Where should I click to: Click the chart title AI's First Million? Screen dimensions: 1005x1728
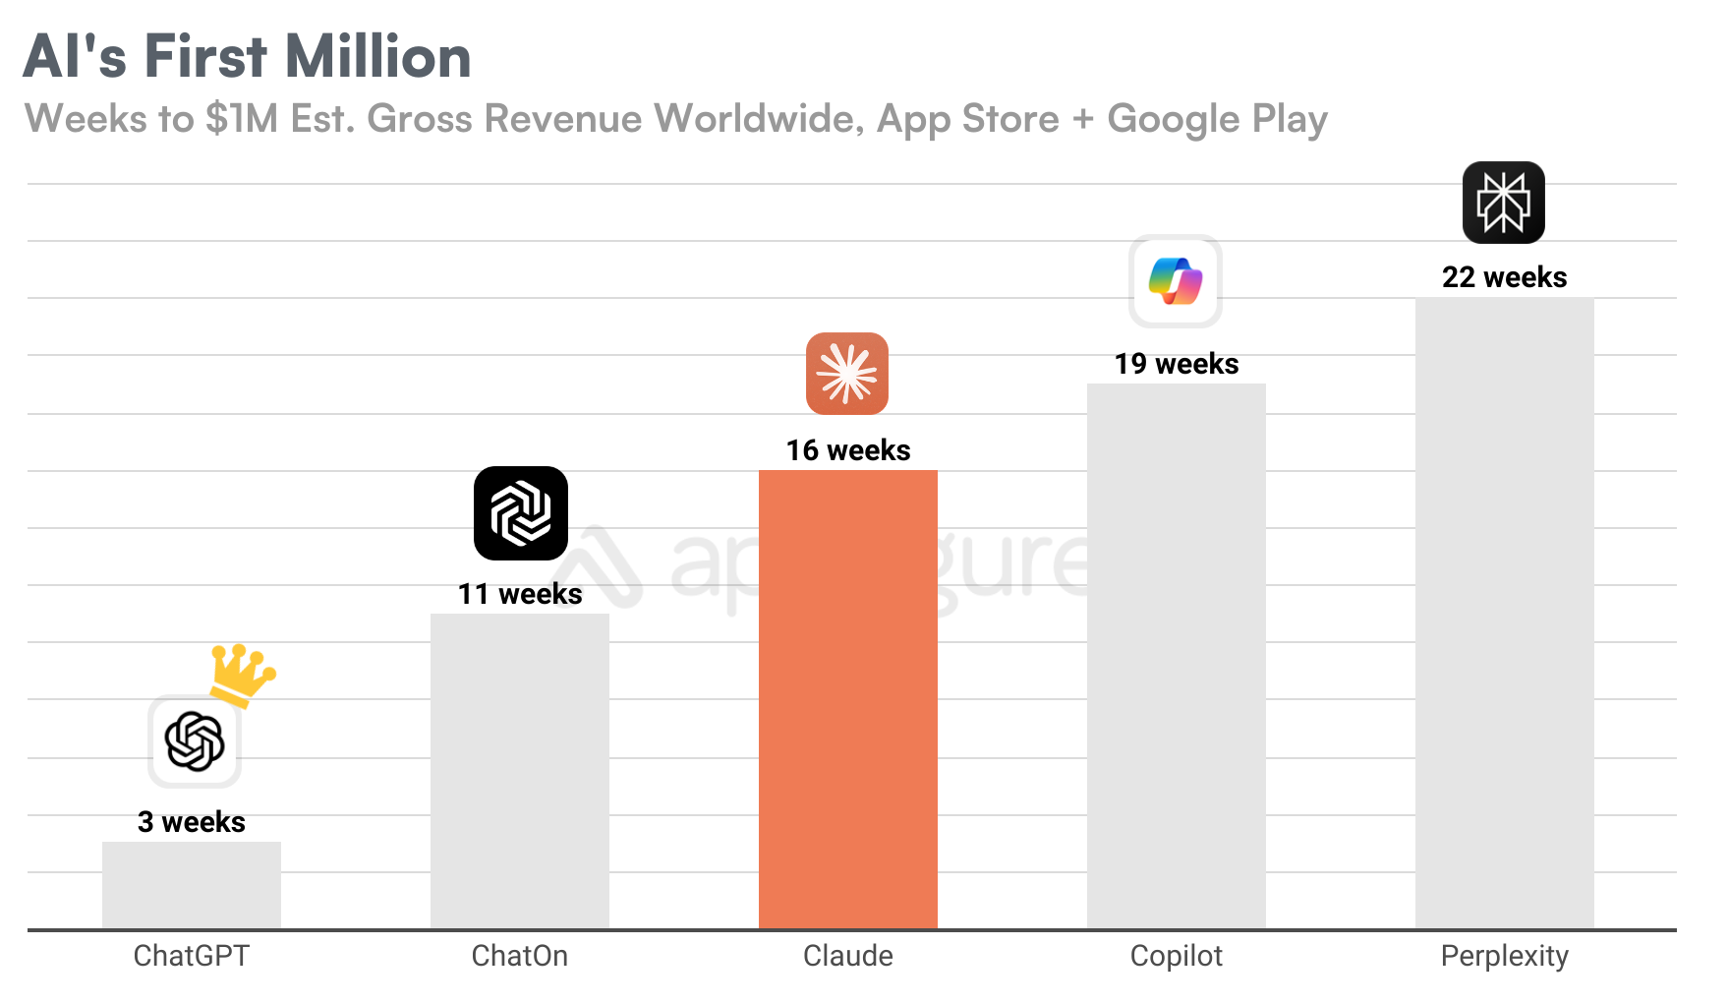coord(247,56)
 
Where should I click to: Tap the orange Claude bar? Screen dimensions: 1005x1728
coord(847,698)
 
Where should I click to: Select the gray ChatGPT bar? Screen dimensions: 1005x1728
coord(192,885)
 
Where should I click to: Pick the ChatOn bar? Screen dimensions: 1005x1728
coord(519,771)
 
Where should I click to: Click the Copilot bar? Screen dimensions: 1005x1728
coord(1176,656)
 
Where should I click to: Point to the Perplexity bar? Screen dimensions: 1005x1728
coord(1504,613)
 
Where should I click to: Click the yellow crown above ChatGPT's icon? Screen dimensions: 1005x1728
coord(242,674)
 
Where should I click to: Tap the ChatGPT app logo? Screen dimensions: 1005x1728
coord(195,741)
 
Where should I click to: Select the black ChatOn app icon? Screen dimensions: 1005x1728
coord(520,513)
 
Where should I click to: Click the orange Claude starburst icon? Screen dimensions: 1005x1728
coord(847,374)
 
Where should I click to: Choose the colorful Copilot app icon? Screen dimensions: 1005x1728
coord(1176,281)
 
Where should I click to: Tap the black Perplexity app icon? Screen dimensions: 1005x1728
coord(1503,203)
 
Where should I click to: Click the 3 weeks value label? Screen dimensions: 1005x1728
coord(192,822)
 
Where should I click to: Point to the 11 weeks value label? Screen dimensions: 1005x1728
coord(520,594)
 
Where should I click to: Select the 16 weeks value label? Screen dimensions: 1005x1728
coord(848,450)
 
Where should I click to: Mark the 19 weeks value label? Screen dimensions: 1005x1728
coord(1177,364)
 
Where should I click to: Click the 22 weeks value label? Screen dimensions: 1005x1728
coord(1504,277)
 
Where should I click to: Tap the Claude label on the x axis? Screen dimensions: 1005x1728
coord(847,956)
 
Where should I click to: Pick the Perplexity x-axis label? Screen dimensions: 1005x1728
coord(1504,956)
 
